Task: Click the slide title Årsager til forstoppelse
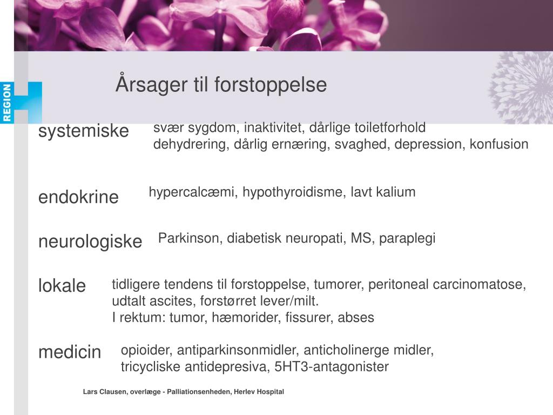coord(221,85)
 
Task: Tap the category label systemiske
coord(84,131)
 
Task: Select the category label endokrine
coord(78,197)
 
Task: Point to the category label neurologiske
coord(90,242)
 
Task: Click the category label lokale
coord(62,285)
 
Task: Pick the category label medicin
coord(70,352)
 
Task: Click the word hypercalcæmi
coord(192,192)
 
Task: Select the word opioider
coord(144,350)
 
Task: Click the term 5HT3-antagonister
coord(332,367)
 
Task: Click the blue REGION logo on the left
coord(7,103)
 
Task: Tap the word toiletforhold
coord(389,128)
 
